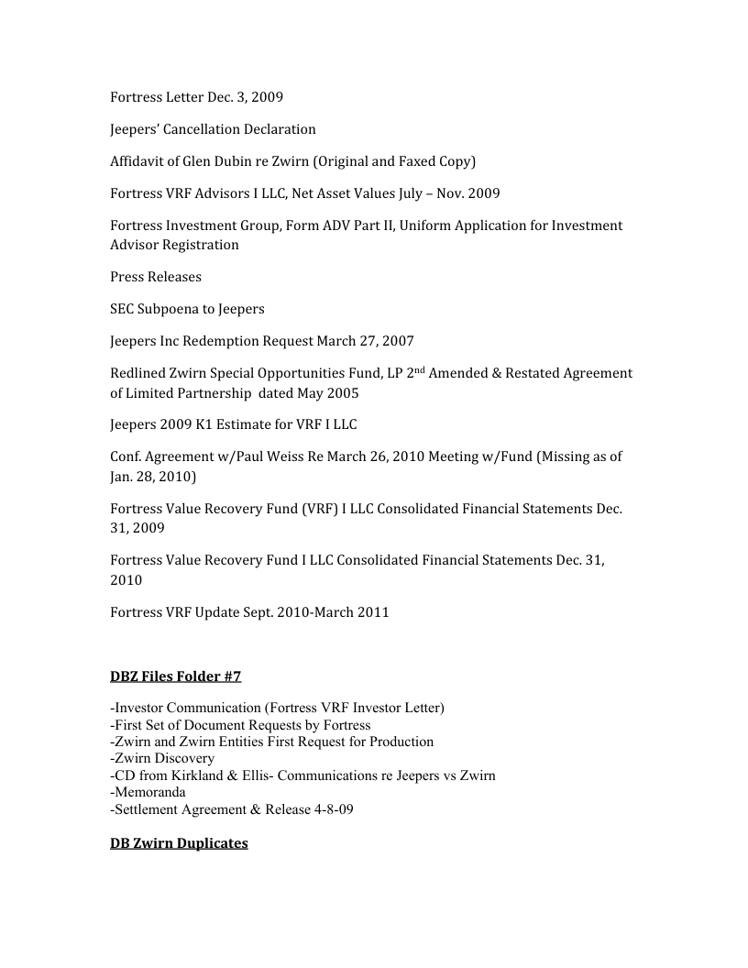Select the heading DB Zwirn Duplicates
(179, 842)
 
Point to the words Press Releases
(156, 277)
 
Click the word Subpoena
(174, 309)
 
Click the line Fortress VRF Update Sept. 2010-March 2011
(249, 612)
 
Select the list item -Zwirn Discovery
(162, 758)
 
